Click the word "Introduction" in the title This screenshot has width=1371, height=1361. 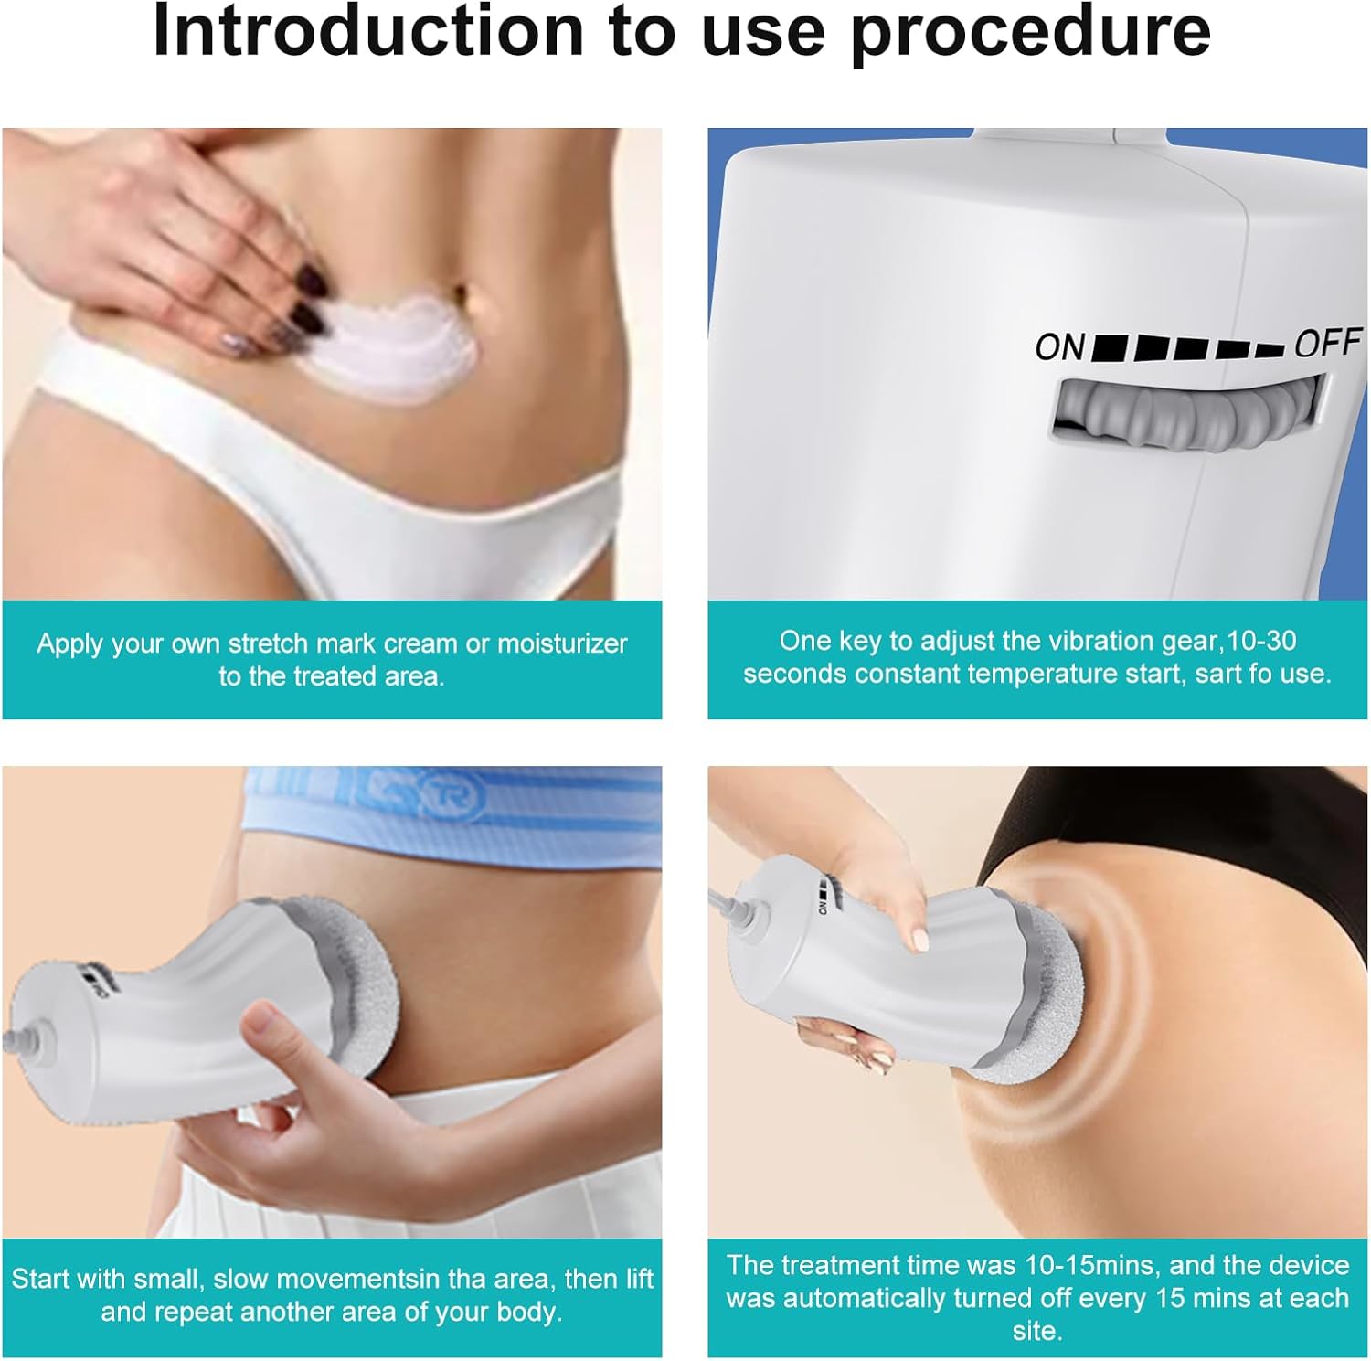[367, 31]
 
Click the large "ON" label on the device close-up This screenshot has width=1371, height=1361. [1060, 347]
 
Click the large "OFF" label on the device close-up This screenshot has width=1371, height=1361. [1328, 343]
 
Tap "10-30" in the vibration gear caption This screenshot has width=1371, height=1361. [1262, 641]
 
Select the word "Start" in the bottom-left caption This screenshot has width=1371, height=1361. [42, 1278]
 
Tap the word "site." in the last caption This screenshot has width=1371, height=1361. [1036, 1331]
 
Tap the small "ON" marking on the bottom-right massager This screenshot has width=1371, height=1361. [824, 906]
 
